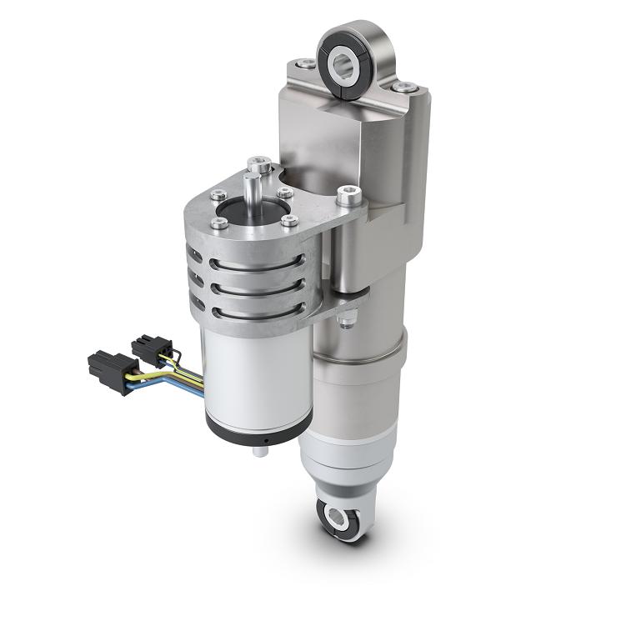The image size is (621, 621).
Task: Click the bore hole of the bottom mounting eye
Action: coord(338,518)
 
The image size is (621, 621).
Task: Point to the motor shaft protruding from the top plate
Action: coord(252,187)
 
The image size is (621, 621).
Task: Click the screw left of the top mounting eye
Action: coord(308,64)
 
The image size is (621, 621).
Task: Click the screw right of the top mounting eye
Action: coord(405,87)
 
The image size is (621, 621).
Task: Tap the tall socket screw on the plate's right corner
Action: coord(345,198)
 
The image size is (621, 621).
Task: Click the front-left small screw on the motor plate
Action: coord(220,223)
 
